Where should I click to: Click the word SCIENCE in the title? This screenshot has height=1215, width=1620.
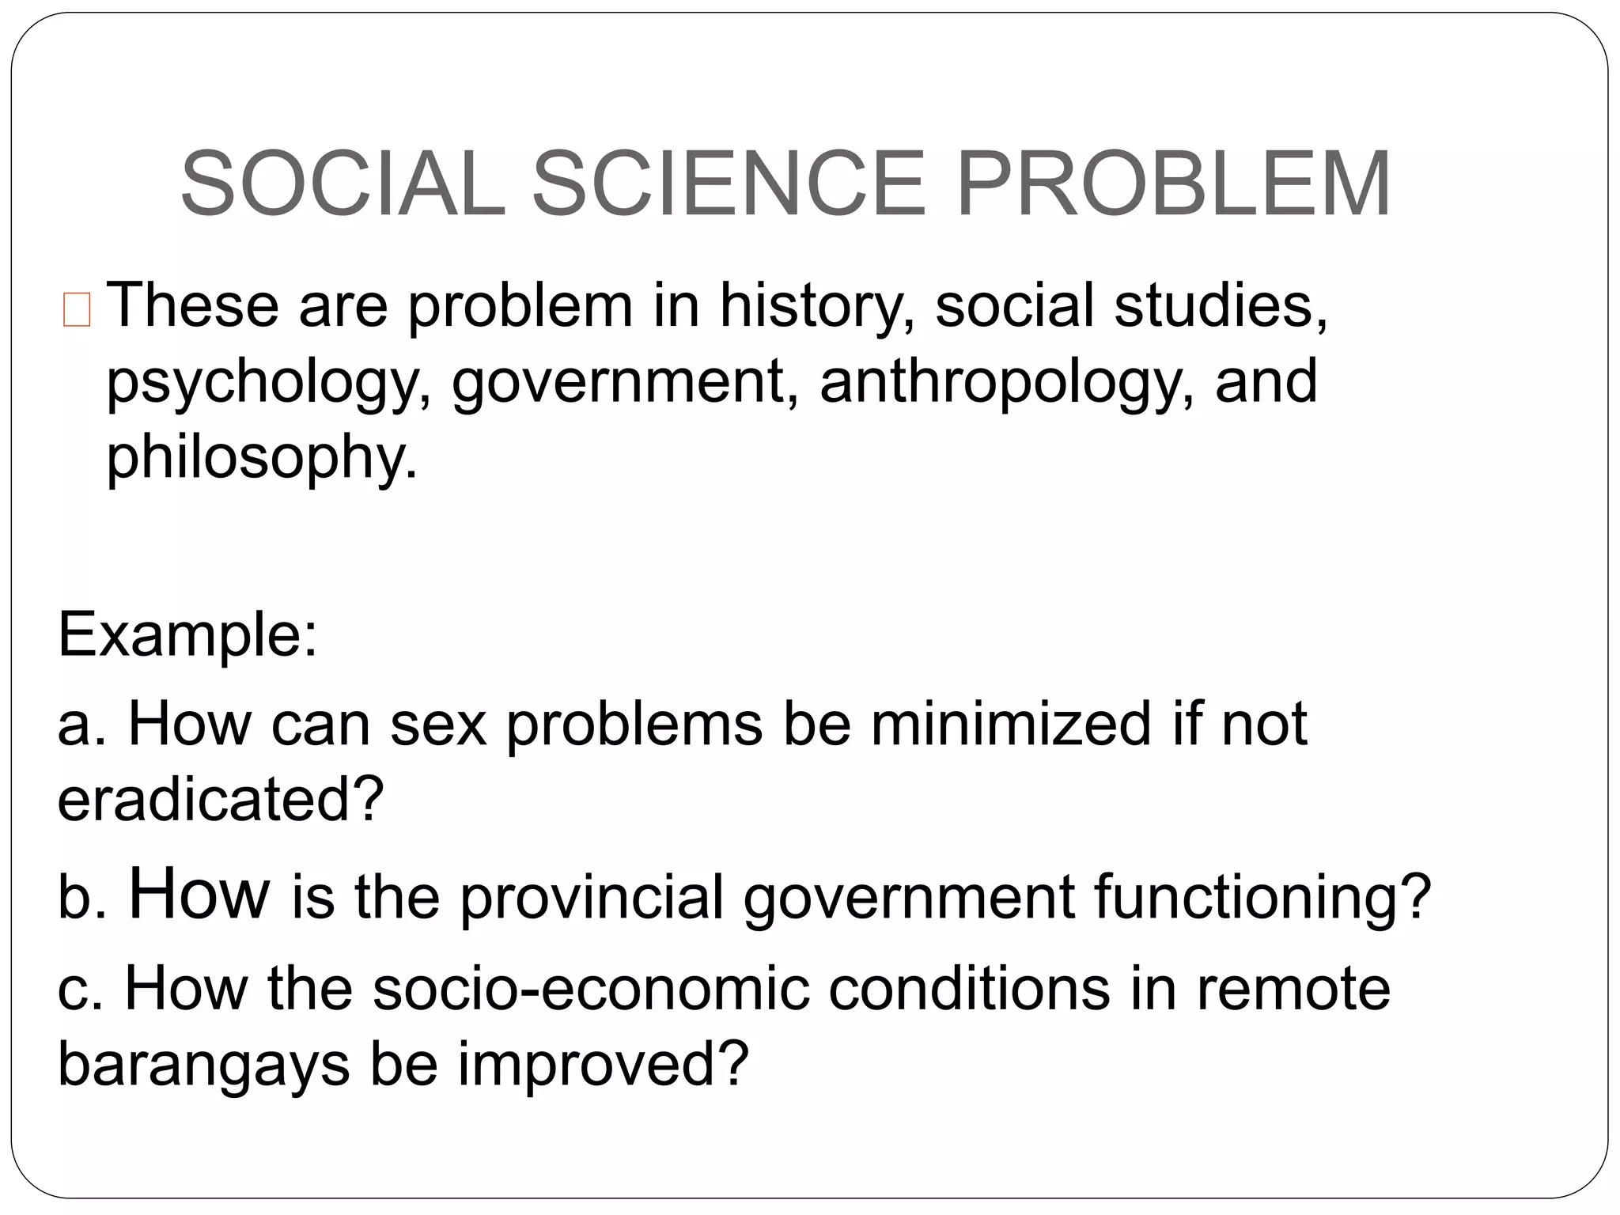pyautogui.click(x=728, y=184)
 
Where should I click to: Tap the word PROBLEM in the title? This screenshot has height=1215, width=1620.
pyautogui.click(x=1173, y=184)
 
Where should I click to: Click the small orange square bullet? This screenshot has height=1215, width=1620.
pyautogui.click(x=77, y=309)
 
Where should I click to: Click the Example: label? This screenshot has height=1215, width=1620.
pyautogui.click(x=187, y=634)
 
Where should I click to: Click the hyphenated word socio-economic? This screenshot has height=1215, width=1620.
pyautogui.click(x=591, y=989)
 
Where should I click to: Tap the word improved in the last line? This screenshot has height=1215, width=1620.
pyautogui.click(x=603, y=1065)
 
